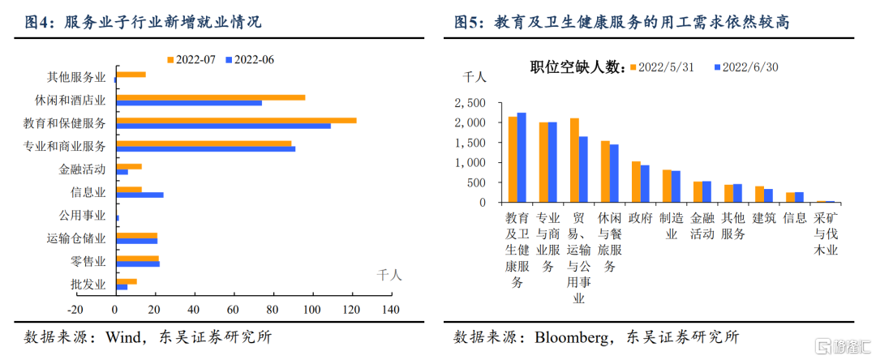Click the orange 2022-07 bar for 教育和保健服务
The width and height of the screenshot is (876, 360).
tap(236, 121)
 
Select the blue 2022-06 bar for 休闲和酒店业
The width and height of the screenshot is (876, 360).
tap(189, 103)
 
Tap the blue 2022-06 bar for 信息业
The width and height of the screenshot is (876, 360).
tap(140, 195)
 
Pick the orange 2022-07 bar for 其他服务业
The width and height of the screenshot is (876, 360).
tap(131, 75)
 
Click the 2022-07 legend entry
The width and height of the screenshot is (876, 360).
tap(191, 59)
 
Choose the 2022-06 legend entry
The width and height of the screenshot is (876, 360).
tap(251, 59)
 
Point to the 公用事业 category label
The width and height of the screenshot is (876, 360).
tap(82, 215)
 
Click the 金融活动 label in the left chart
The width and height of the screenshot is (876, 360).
tap(82, 169)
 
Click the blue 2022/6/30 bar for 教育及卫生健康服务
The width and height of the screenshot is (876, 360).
tap(522, 157)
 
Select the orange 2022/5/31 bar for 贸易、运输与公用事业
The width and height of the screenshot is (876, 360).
tap(574, 161)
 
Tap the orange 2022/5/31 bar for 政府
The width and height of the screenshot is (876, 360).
tap(636, 182)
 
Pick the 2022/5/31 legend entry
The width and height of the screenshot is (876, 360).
tap(662, 67)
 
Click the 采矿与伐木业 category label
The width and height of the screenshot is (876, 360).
tap(826, 234)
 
